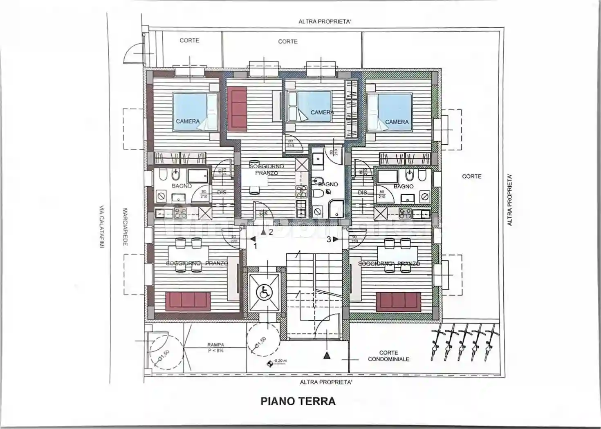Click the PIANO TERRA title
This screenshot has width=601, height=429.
(x=298, y=401)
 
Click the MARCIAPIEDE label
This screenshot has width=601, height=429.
(x=125, y=227)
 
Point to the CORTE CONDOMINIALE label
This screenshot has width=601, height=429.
(x=388, y=356)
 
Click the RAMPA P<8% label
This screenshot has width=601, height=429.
(x=215, y=348)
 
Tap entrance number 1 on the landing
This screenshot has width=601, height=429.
(x=255, y=246)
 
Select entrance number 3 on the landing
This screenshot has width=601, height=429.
(x=329, y=240)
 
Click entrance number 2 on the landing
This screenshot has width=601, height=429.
(x=270, y=232)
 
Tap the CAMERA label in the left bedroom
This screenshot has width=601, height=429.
(x=188, y=121)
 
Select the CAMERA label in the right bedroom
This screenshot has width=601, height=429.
(x=397, y=122)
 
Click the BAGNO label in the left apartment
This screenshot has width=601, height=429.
(x=182, y=186)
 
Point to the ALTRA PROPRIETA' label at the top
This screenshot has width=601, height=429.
(x=324, y=22)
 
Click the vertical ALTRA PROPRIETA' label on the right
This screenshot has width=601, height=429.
(x=509, y=200)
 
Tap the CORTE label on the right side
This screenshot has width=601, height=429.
(x=471, y=176)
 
